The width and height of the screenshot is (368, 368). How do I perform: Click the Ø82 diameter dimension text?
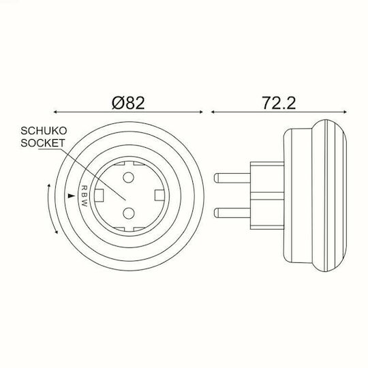[128, 103]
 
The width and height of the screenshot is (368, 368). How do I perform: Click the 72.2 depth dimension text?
[279, 103]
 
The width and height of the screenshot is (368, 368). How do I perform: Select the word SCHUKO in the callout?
[44, 131]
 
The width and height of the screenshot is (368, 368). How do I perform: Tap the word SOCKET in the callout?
[42, 143]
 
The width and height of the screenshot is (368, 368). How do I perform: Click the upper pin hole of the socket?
[128, 177]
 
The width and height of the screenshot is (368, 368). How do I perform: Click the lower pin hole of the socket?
[129, 213]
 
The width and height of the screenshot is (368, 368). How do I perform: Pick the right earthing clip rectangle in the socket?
[160, 195]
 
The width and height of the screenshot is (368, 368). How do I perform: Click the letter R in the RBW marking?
[84, 187]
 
